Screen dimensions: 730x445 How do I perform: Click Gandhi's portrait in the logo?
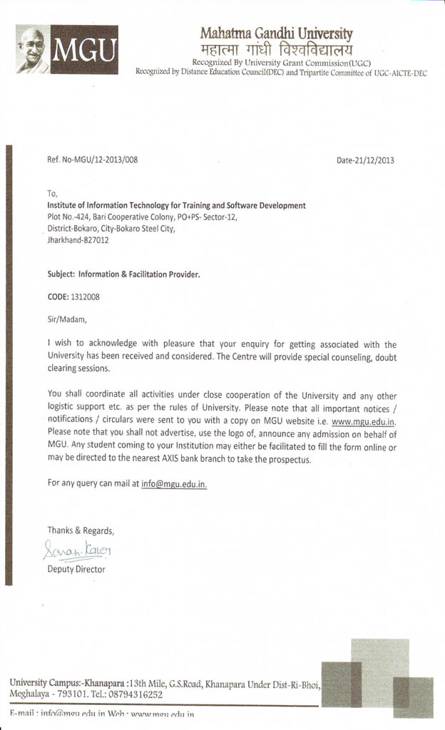[32, 50]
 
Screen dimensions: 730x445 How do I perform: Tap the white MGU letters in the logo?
[84, 51]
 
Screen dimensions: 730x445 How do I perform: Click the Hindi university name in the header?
[276, 49]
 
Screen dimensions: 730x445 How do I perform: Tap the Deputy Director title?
[76, 570]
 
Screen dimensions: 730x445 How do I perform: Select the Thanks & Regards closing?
[81, 530]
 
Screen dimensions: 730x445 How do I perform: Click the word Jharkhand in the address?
[62, 240]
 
